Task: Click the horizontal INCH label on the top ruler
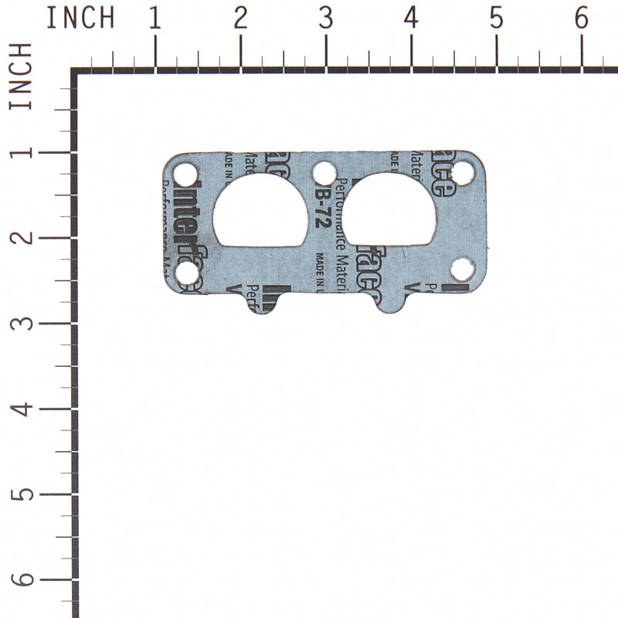[80, 18]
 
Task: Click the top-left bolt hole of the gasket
[185, 171]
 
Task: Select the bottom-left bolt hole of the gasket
[186, 272]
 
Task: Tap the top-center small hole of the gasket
[324, 172]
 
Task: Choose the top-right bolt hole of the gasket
[462, 173]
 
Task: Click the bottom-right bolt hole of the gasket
[463, 270]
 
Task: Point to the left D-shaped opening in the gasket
[259, 212]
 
